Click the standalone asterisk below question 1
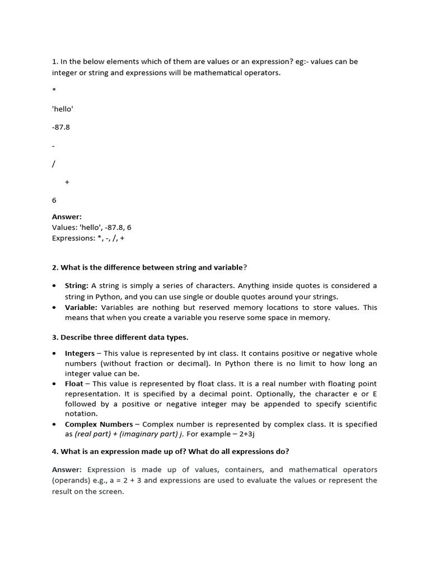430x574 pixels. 54,90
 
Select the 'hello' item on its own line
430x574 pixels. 63,109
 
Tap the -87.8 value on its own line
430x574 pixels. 61,127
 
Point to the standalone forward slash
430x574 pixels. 54,164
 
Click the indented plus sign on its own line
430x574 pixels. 67,182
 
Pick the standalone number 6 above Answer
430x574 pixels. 54,200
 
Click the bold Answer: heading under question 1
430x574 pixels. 67,217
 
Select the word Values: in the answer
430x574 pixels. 64,228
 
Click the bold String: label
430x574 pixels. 77,286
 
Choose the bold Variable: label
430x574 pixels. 81,308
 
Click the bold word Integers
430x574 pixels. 80,354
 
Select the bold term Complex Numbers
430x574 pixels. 99,424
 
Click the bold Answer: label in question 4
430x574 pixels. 67,470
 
